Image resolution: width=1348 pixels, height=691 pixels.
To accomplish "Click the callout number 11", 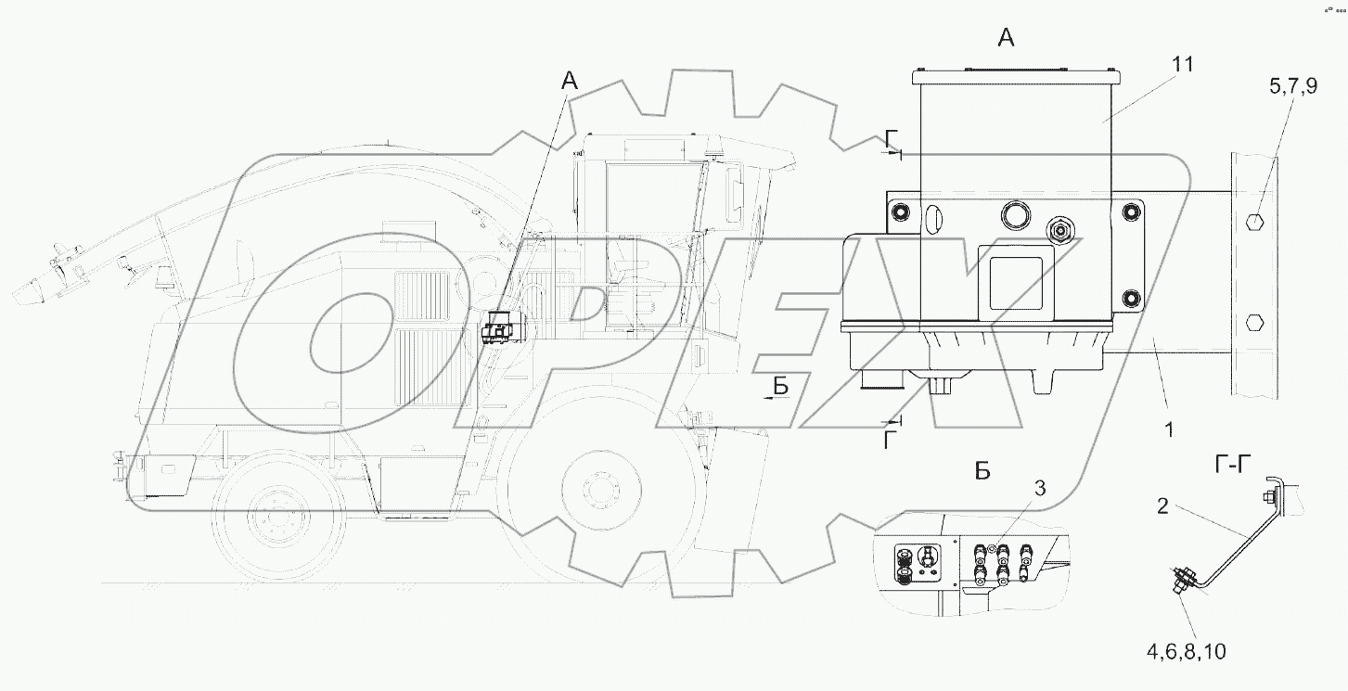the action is click(x=1182, y=64).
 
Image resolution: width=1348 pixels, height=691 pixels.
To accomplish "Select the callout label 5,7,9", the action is click(x=1293, y=86).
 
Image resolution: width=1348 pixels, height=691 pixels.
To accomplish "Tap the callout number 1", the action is click(x=1169, y=430).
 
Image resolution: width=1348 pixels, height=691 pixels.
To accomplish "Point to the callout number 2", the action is click(x=1162, y=505).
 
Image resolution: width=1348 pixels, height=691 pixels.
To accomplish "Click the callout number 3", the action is click(x=1040, y=488).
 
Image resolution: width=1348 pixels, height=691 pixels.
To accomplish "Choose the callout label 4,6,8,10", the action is click(x=1187, y=651).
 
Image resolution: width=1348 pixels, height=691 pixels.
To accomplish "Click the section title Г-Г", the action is click(x=1233, y=465).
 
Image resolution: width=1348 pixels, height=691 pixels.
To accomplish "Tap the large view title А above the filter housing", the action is click(x=1007, y=38).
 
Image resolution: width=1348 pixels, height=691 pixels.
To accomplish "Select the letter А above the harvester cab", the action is click(x=570, y=81).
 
